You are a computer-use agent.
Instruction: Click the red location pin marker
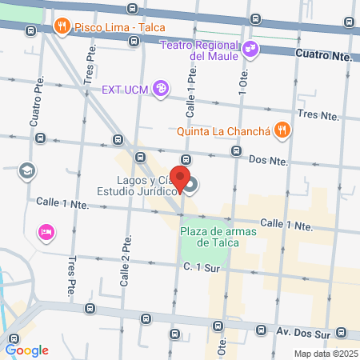pos(181,179)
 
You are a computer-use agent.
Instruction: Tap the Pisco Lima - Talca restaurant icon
pos(61,27)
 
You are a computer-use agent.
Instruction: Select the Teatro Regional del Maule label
pos(200,50)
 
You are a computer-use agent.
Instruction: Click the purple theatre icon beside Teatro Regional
pos(250,49)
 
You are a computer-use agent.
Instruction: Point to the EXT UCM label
pos(125,89)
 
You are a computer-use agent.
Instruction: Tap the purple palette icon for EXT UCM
pos(160,89)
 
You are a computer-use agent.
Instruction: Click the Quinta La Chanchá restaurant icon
pos(282,128)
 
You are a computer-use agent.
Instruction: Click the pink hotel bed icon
pos(46,232)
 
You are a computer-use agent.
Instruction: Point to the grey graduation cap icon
pos(27,170)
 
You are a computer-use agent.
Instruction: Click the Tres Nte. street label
pos(318,114)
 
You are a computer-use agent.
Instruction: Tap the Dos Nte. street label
pos(268,160)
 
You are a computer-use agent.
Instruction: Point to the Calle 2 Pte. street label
pos(125,265)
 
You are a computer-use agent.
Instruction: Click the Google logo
pos(27,350)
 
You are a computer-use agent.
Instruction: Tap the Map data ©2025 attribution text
pos(325,354)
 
